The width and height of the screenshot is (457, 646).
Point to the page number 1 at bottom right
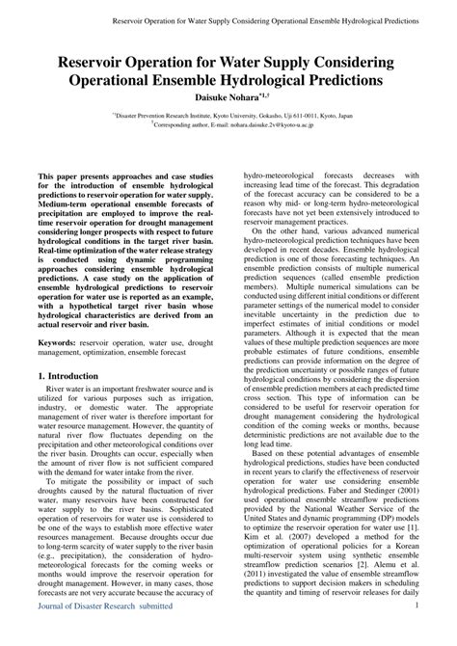click(416, 632)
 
